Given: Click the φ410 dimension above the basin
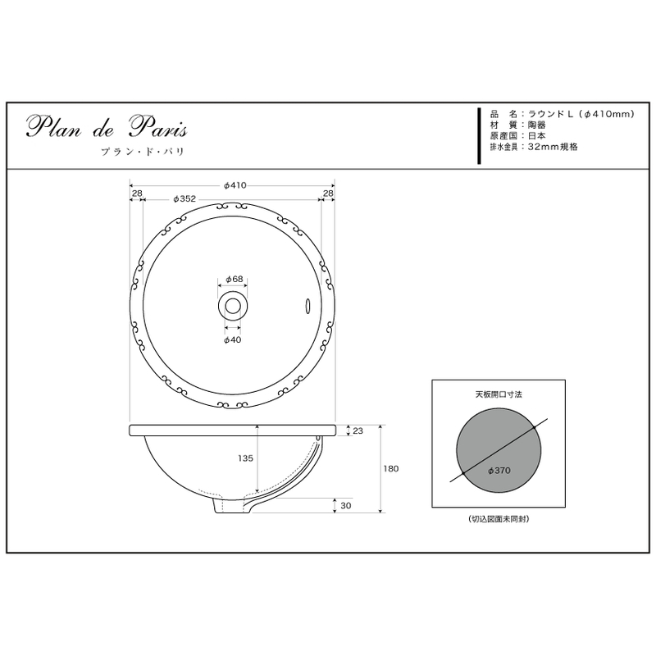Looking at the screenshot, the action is [x=235, y=185].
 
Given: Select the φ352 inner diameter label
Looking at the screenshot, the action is [x=184, y=198].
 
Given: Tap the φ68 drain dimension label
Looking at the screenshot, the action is [x=235, y=279].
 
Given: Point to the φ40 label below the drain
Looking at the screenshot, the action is [x=233, y=339].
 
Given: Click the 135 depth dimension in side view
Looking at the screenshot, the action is [x=245, y=458].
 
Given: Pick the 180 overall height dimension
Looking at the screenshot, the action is [x=391, y=468].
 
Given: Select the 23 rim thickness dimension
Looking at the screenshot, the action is [x=358, y=430].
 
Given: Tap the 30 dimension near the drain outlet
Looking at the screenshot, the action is [x=345, y=505].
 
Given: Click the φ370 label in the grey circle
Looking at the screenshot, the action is [x=499, y=471].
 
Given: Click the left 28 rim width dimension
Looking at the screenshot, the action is [x=137, y=194].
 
